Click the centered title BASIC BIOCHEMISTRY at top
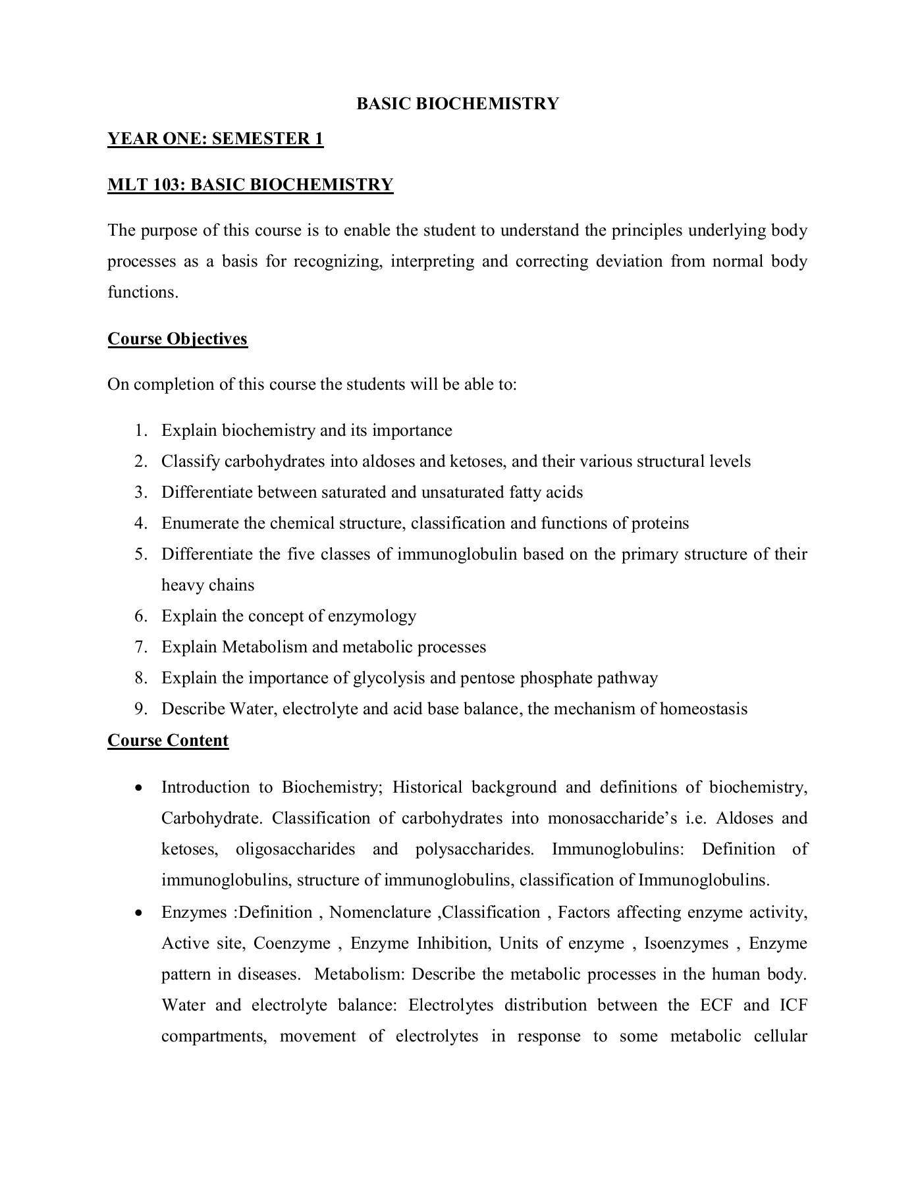pos(458,104)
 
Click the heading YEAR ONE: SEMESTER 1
pos(215,139)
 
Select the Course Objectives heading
pos(177,339)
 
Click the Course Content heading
pos(168,741)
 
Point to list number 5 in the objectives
pos(140,554)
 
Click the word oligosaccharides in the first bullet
pos(295,849)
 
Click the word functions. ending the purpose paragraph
pos(143,292)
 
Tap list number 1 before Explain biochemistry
pos(140,431)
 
